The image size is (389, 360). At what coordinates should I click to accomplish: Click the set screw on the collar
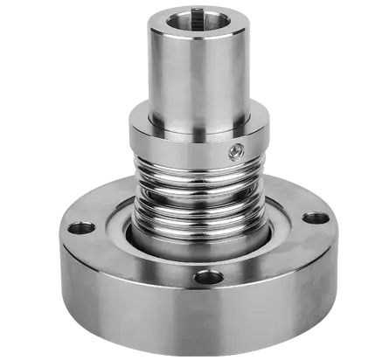click(235, 153)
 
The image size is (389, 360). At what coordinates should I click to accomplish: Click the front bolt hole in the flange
click(209, 278)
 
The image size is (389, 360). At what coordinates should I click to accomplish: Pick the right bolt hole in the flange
click(316, 218)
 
